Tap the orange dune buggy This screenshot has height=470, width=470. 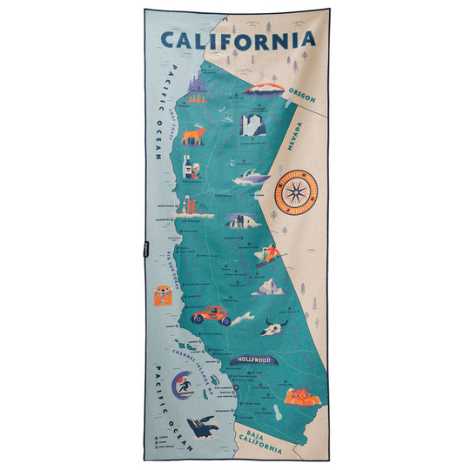click(x=211, y=314)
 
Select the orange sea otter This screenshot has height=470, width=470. click(x=158, y=296)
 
